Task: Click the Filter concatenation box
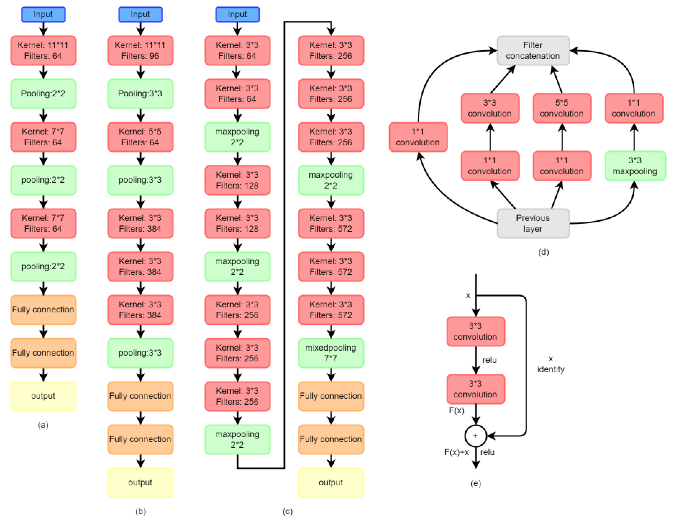533,51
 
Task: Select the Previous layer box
533,223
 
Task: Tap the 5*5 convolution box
562,108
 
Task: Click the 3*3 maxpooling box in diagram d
635,166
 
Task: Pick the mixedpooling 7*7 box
331,353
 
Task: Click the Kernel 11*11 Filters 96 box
140,51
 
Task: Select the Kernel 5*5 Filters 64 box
140,137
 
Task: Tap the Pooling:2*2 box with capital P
43,94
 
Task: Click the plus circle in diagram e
476,436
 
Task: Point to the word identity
551,369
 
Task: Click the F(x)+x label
456,452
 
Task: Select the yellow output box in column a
43,396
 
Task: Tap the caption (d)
544,252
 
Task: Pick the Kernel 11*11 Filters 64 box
43,51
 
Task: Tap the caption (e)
476,483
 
